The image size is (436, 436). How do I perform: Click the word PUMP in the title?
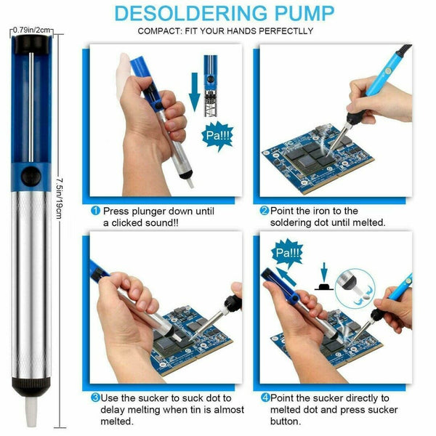coord(304,13)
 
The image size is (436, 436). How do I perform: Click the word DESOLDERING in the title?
coord(190,13)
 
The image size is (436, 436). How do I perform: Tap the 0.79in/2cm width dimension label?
coord(32,30)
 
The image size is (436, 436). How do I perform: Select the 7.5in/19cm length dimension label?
coord(60,198)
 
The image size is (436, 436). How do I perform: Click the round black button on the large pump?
coord(31,177)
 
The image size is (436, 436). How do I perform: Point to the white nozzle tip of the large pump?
coord(31,412)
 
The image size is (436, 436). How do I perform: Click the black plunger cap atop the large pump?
coord(31,44)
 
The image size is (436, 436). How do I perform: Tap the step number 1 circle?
coord(95,211)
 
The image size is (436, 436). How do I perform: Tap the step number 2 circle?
coord(265,211)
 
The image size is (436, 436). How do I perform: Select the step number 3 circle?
coord(95,397)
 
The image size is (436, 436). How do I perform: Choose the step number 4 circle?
coord(265,397)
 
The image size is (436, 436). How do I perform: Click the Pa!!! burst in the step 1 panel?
coord(217,136)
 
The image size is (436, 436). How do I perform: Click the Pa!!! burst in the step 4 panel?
coord(287,253)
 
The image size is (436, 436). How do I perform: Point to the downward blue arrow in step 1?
coord(194,92)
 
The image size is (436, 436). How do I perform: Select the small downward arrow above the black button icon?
coord(324,272)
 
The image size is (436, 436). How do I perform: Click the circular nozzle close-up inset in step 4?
coord(355,289)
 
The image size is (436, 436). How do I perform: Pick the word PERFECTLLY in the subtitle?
coord(286,31)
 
